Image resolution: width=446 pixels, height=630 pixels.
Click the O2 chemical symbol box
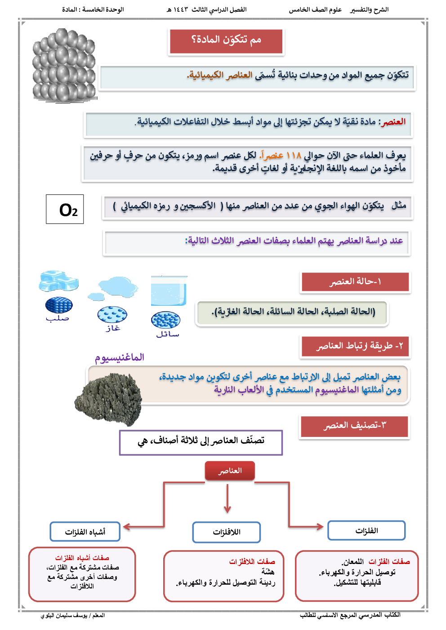point(65,209)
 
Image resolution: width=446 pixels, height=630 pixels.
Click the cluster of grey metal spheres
point(64,66)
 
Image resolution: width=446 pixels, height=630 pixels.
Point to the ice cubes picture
point(58,281)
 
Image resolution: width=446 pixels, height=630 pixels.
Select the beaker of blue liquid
point(169,291)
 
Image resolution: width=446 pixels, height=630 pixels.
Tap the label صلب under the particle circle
point(58,318)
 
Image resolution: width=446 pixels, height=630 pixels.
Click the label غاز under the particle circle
point(113,328)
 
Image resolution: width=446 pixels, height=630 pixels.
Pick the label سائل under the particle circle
point(167,334)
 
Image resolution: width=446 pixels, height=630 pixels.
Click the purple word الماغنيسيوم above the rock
point(119,358)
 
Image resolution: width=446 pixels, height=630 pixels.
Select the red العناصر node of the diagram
point(230,471)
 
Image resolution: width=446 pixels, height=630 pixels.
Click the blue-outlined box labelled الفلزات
point(366,531)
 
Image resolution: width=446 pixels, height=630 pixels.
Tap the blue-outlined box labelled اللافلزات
point(227,532)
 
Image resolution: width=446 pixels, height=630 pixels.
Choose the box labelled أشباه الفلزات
point(85,532)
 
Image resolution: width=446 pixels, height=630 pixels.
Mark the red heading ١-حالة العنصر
point(355,282)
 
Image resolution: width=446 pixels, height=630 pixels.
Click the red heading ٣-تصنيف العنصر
point(354,426)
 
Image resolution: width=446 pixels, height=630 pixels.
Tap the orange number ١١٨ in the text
point(293,156)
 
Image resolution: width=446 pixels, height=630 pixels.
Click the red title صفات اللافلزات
point(252,562)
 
